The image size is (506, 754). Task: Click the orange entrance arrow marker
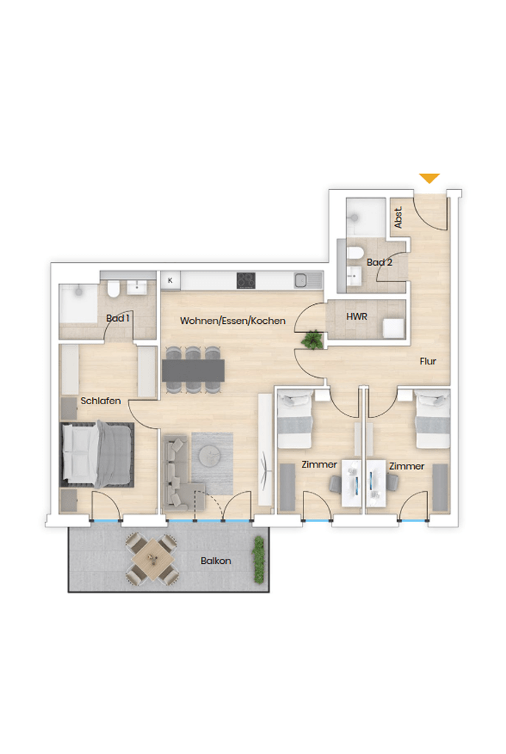pyautogui.click(x=429, y=178)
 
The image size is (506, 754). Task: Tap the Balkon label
pyautogui.click(x=216, y=560)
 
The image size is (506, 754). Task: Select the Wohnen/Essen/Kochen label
pyautogui.click(x=233, y=321)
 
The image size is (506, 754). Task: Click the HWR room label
pyautogui.click(x=356, y=317)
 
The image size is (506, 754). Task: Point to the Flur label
pyautogui.click(x=428, y=361)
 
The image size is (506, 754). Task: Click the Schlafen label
pyautogui.click(x=100, y=401)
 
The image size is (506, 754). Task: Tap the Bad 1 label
pyautogui.click(x=117, y=318)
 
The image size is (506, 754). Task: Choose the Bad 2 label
pyautogui.click(x=379, y=262)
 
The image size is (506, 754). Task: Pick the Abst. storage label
pyautogui.click(x=398, y=217)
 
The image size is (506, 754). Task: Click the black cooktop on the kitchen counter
pyautogui.click(x=246, y=281)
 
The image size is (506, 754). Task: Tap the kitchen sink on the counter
pyautogui.click(x=302, y=280)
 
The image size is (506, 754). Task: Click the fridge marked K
pyautogui.click(x=170, y=281)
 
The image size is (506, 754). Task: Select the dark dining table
pyautogui.click(x=193, y=370)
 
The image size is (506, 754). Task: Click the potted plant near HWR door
pyautogui.click(x=312, y=339)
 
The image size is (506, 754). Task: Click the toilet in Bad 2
pyautogui.click(x=356, y=252)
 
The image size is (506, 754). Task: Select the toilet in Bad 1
pyautogui.click(x=114, y=289)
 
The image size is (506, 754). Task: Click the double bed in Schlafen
pyautogui.click(x=96, y=454)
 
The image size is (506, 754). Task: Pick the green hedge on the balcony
pyautogui.click(x=259, y=560)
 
